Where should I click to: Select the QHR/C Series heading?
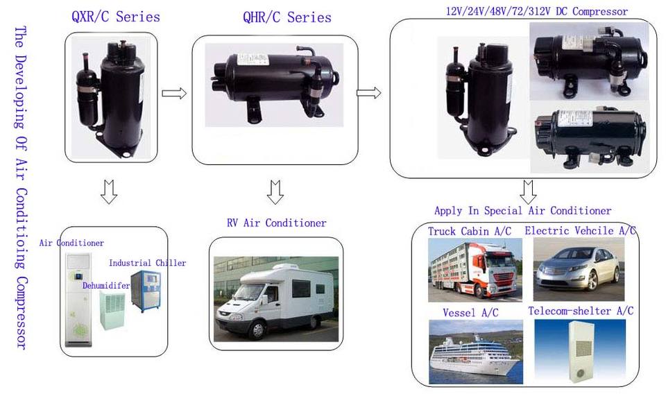[287, 17]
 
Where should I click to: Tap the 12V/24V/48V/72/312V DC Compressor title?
[536, 11]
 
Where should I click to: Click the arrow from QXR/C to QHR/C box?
[174, 93]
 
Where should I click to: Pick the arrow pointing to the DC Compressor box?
[369, 92]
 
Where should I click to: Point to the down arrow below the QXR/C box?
[108, 192]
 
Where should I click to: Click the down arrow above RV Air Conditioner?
[275, 191]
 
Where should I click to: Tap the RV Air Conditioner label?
[276, 223]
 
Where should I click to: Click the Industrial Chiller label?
[147, 263]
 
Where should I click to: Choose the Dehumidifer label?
[105, 284]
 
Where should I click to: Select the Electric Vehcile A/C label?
[580, 231]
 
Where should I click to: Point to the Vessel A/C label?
[470, 313]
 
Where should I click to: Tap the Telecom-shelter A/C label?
[580, 311]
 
